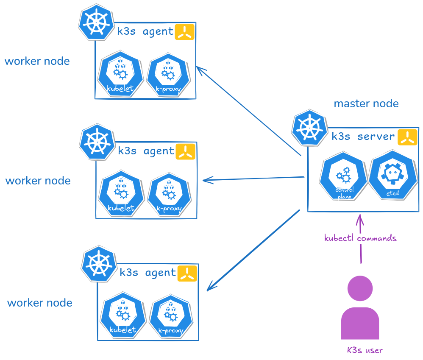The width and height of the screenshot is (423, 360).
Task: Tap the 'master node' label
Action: tap(366, 104)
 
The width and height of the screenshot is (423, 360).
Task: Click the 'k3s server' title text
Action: tap(363, 137)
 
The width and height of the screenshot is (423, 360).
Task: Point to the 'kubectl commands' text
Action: tap(360, 238)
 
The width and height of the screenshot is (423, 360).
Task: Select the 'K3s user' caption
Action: tap(365, 350)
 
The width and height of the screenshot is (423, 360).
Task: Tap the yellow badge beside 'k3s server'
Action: tap(407, 137)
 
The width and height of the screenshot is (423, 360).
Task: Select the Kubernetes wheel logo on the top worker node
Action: tap(97, 23)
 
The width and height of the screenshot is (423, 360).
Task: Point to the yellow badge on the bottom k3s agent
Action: tap(187, 273)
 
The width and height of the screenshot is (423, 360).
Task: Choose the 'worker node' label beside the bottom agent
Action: tap(40, 303)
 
